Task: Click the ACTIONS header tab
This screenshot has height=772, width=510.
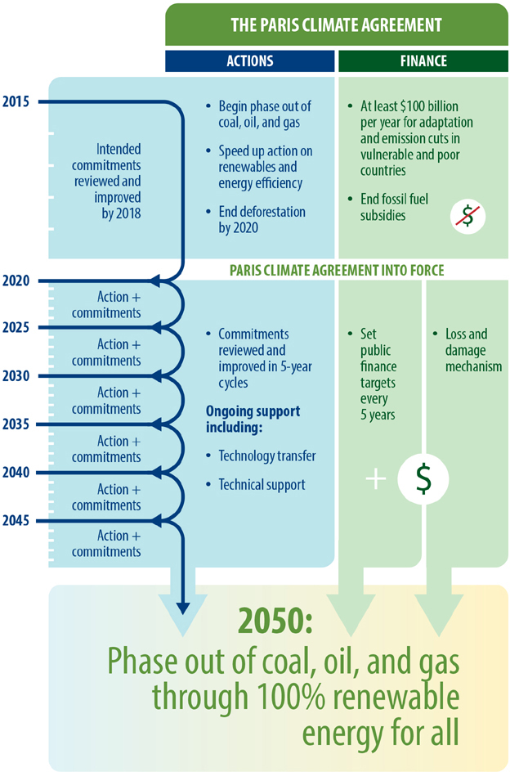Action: point(249,61)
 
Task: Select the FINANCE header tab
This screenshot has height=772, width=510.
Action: point(423,61)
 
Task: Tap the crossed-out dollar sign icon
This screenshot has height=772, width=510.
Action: point(467,217)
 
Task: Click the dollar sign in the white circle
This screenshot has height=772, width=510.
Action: point(423,479)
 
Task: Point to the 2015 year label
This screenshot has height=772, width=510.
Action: point(16,102)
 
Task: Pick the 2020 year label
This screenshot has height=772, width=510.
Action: point(16,281)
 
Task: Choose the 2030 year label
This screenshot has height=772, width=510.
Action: point(16,376)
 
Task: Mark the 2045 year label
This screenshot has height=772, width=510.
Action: point(16,521)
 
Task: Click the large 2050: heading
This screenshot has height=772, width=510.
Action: point(275,621)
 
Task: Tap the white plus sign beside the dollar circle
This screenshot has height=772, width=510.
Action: point(376,478)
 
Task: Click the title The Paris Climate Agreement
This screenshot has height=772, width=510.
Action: point(336,25)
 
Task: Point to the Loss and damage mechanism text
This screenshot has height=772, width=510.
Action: point(467,350)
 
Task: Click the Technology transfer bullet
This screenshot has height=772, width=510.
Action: point(261,456)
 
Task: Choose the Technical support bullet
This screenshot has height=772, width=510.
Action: point(256,485)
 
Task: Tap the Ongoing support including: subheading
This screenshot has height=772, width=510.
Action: point(253,419)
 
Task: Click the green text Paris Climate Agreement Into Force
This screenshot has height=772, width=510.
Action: point(337,271)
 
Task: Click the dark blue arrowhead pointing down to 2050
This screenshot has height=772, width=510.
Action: point(182,608)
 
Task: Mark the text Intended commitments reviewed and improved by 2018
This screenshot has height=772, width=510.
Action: point(107,182)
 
